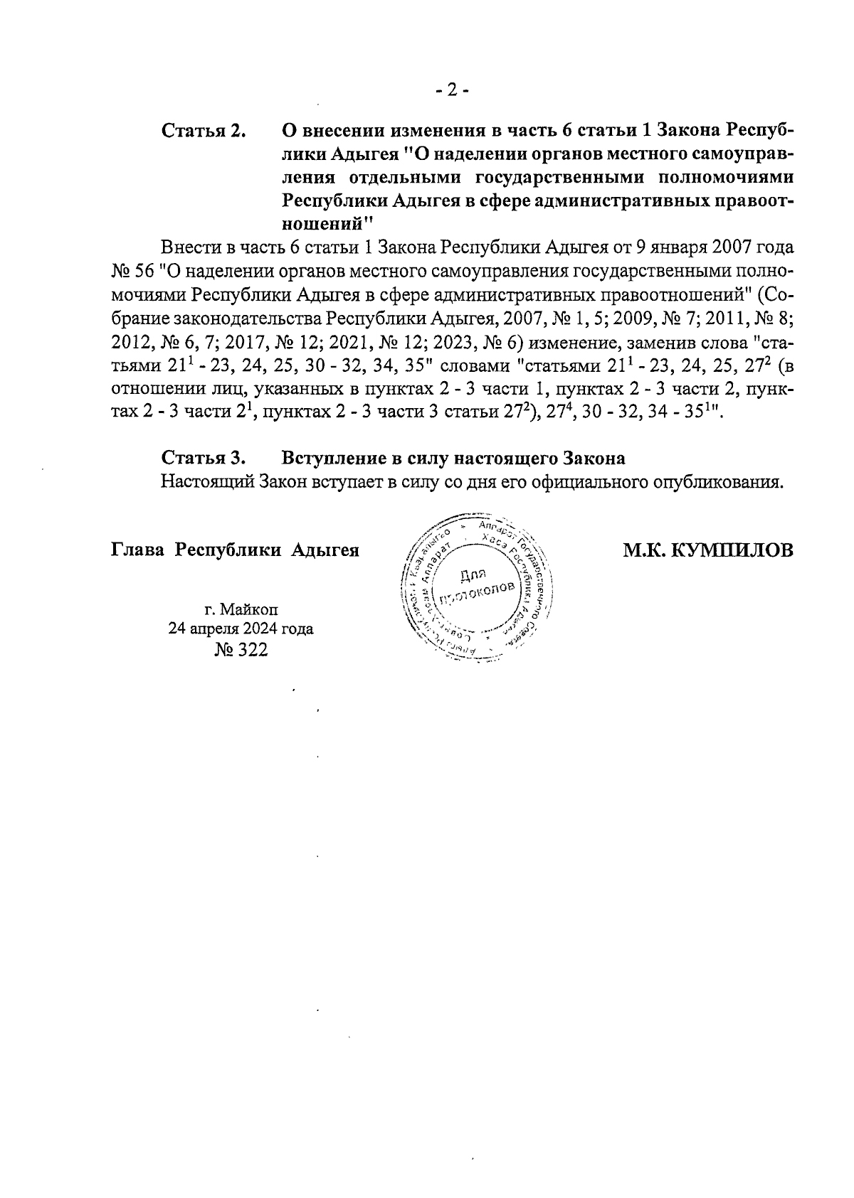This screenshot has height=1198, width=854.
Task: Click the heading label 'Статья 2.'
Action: coord(204,132)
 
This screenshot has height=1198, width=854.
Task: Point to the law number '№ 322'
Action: coord(241,651)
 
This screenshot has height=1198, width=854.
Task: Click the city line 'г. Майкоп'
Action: coord(241,609)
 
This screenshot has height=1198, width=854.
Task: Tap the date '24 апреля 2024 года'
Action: coord(241,629)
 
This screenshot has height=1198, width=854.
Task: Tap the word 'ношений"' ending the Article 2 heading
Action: coord(328,224)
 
